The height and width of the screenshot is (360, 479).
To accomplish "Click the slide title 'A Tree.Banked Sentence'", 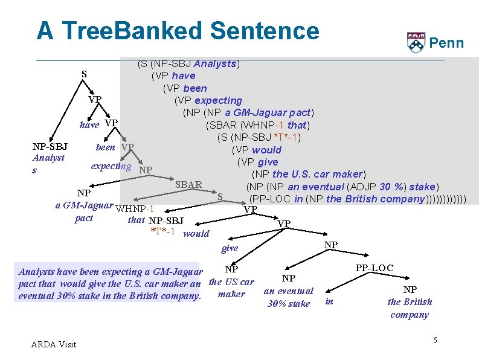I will click(177, 31).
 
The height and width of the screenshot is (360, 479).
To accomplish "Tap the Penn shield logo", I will click(416, 42).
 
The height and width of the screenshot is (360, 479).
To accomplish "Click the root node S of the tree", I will click(85, 74).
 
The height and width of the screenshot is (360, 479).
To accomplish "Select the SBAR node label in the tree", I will click(188, 184).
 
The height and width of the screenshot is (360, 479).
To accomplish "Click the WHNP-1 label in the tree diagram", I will click(134, 209).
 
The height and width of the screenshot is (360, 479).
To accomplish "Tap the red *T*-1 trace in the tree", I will click(162, 232).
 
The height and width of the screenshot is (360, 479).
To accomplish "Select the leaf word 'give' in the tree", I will click(230, 248).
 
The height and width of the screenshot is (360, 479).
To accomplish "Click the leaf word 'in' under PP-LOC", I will click(329, 301).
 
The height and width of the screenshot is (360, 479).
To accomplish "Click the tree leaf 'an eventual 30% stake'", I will click(289, 297).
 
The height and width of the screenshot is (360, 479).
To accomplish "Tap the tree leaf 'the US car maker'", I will click(231, 288).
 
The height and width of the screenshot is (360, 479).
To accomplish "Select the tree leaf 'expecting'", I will click(111, 166).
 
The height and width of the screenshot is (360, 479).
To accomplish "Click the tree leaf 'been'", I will click(106, 147).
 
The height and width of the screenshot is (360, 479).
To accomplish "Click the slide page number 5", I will click(435, 341).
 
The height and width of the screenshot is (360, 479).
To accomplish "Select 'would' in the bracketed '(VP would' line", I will click(266, 150).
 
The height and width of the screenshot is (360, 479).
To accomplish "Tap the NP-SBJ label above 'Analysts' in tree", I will click(50, 147).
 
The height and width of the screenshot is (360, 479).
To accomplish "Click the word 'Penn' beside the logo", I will click(446, 43).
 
